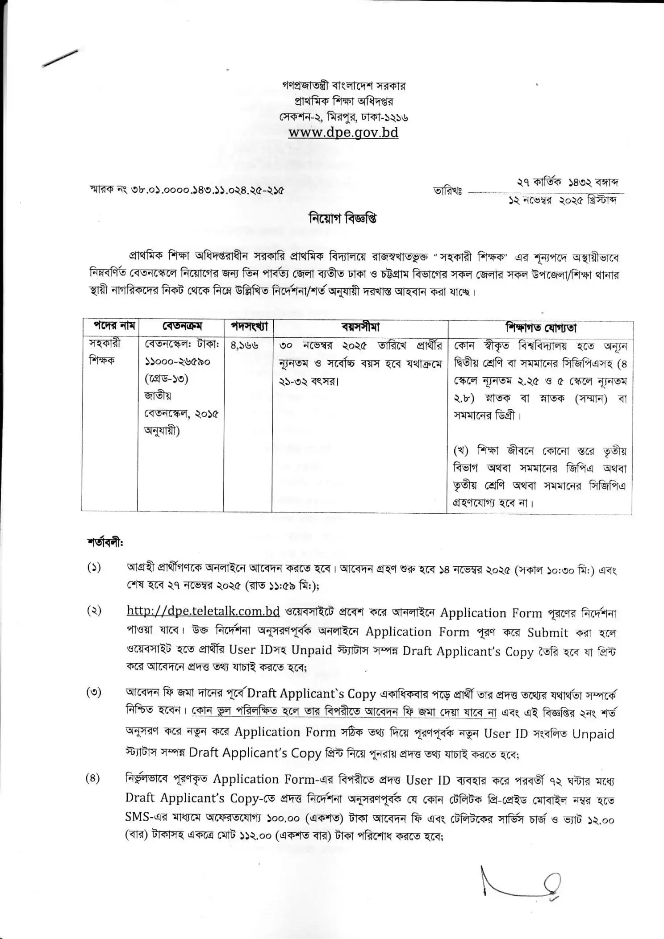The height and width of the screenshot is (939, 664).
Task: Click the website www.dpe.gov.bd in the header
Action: coord(343,133)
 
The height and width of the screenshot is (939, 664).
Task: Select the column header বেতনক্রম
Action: coord(182,326)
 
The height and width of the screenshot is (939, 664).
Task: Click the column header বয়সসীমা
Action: coord(360,326)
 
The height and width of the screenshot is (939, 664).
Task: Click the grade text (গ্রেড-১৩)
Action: coord(167,378)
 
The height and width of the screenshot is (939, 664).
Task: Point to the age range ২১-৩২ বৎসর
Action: coord(308,382)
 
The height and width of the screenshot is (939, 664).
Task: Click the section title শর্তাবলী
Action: coord(105,543)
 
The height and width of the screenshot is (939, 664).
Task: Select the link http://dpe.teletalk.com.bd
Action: coord(203,611)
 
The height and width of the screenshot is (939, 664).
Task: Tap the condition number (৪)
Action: coord(93,778)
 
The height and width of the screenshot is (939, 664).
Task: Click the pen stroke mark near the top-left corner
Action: coord(60,59)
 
